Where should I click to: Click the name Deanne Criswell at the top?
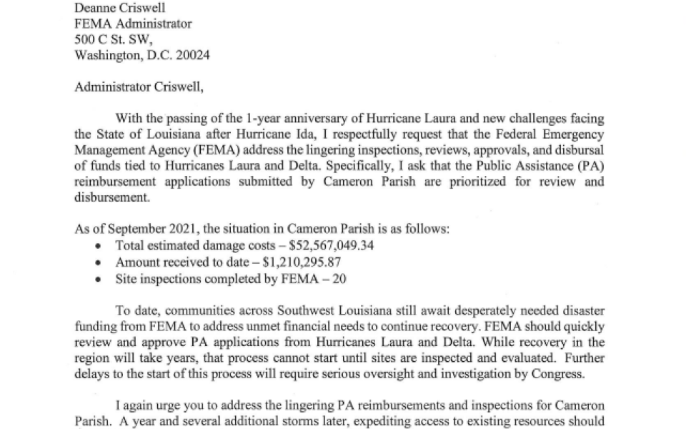tap(119, 8)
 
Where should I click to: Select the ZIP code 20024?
tap(192, 55)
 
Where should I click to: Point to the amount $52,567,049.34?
tap(331, 245)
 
